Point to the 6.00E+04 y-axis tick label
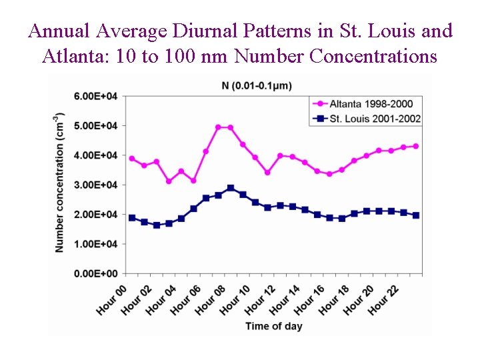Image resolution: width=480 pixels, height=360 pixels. tap(95, 96)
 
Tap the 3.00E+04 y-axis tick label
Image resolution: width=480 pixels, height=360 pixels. tap(95, 185)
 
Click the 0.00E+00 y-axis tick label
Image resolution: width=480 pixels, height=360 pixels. tap(95, 273)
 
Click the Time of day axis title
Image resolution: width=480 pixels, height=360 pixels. tap(273, 326)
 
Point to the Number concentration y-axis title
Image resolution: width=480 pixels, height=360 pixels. tap(60, 183)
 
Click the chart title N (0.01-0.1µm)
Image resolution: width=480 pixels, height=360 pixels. tap(257, 85)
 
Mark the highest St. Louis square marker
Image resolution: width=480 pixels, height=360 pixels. tap(231, 188)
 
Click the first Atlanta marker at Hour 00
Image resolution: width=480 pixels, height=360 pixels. tap(132, 159)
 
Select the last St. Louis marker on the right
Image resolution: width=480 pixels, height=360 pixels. tap(415, 215)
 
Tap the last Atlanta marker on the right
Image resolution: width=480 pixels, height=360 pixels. tap(415, 146)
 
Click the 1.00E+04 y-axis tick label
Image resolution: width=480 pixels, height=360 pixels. tap(95, 244)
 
